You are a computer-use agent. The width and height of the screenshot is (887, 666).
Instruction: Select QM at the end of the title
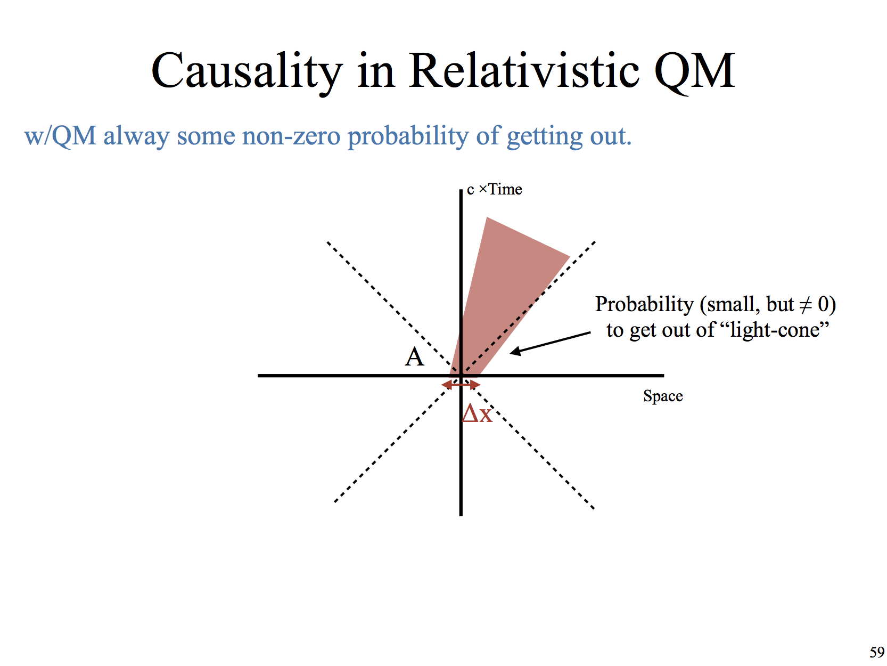tap(695, 71)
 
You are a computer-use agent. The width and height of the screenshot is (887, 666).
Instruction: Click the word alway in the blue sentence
tap(136, 136)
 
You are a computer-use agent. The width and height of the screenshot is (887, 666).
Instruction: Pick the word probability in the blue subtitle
tap(408, 136)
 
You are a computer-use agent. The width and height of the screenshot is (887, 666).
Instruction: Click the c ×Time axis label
tap(494, 189)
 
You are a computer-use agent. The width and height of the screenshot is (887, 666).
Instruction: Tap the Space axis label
tap(663, 396)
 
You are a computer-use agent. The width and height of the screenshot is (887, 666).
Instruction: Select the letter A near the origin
tap(415, 356)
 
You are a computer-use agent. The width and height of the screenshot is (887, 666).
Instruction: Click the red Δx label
tap(477, 413)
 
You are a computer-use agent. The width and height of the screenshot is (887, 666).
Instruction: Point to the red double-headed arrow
tap(461, 385)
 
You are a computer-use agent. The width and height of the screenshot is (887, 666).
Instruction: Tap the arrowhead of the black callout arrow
tap(514, 352)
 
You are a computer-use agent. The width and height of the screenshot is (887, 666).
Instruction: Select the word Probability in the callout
tap(644, 304)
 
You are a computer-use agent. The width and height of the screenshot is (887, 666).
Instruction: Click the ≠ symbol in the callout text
tap(806, 304)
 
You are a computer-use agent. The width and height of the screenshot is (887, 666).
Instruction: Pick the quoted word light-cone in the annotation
tap(774, 330)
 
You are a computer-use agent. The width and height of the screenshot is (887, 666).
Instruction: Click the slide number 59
tap(877, 652)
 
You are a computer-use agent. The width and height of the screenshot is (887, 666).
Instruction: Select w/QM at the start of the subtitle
tap(60, 135)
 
